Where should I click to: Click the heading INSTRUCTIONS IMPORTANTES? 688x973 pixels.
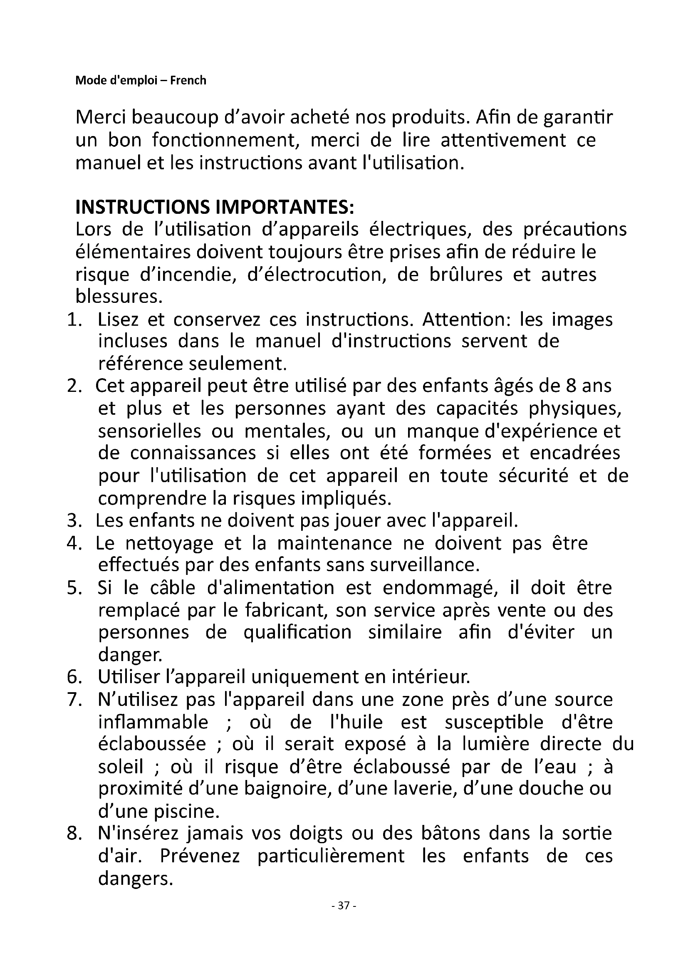tap(214, 207)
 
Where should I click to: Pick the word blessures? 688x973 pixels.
tap(119, 297)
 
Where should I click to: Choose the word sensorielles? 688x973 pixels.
tap(150, 431)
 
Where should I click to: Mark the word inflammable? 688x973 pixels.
tap(153, 722)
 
